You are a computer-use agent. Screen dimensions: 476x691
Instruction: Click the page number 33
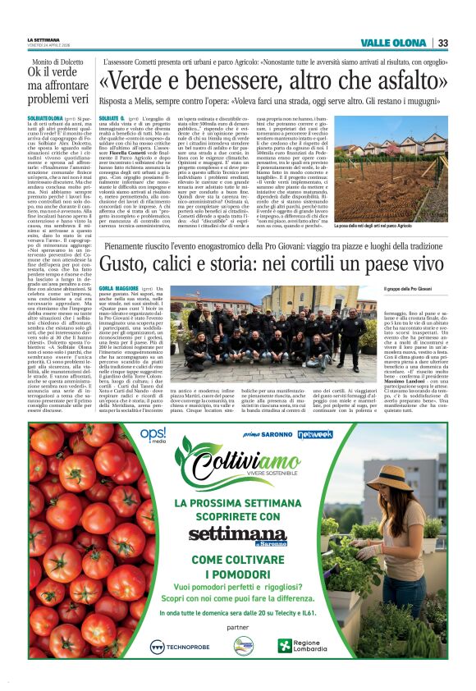coord(442,43)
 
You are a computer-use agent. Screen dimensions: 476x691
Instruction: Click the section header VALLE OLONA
coord(396,43)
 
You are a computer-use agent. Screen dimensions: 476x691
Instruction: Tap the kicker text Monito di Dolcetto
coord(60,62)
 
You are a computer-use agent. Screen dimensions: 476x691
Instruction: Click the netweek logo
coord(315,432)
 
